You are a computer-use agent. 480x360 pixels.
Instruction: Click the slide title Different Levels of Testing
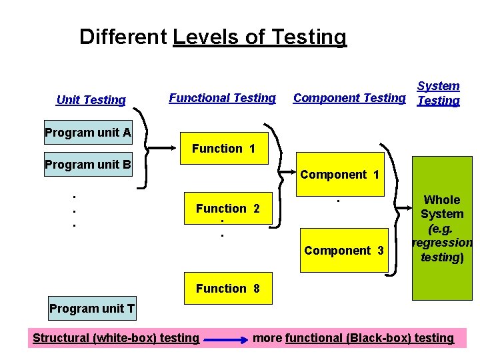click(x=213, y=37)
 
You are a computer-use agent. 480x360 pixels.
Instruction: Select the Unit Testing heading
click(x=91, y=100)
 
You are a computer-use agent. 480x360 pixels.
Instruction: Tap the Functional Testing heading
click(x=222, y=98)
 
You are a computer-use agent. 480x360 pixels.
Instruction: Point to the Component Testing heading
click(x=349, y=98)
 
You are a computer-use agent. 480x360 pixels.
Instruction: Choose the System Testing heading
click(x=438, y=93)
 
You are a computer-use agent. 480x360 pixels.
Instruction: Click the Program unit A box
click(x=88, y=132)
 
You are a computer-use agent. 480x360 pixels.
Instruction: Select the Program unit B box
click(x=88, y=164)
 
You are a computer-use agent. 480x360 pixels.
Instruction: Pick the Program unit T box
click(x=92, y=308)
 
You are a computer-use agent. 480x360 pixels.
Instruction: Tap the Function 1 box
click(x=223, y=149)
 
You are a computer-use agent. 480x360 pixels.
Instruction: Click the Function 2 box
click(x=228, y=209)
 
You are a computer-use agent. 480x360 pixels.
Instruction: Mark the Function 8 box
click(x=227, y=289)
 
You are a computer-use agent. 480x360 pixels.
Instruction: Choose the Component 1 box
click(x=340, y=175)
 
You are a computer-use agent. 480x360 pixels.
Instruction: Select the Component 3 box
click(x=344, y=251)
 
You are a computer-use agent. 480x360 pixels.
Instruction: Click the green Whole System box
click(x=442, y=228)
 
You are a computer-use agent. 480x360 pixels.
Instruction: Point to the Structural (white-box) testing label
click(x=116, y=338)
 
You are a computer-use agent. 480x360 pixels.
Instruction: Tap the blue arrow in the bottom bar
click(x=225, y=339)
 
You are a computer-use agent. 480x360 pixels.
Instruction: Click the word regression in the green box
click(x=443, y=243)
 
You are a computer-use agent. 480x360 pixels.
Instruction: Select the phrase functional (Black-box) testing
click(x=369, y=338)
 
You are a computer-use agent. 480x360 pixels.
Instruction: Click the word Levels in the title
click(x=205, y=37)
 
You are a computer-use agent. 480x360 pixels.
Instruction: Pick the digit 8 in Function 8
click(x=256, y=289)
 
